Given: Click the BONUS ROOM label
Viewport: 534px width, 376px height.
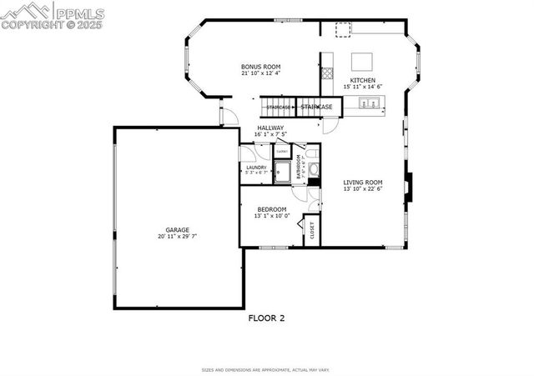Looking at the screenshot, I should [260, 67].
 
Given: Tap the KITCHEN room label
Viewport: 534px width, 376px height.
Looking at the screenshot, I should [362, 80].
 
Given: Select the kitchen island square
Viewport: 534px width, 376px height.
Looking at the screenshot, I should [361, 62].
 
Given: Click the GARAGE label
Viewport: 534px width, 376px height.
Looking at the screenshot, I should [177, 229].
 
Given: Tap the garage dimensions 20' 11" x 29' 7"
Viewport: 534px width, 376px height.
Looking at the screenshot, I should [177, 237].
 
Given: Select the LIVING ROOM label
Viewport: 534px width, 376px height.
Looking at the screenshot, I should [363, 182].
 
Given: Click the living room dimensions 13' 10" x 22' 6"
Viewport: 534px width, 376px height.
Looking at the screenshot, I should [363, 189].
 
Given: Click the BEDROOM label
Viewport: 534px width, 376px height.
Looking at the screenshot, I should [271, 209].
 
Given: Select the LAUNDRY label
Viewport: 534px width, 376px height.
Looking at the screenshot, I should [256, 168].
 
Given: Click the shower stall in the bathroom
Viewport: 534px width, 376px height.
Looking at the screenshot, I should [282, 173].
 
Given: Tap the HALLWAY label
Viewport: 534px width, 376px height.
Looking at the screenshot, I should [270, 128].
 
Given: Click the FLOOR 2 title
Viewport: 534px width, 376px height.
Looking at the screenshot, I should [267, 318].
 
